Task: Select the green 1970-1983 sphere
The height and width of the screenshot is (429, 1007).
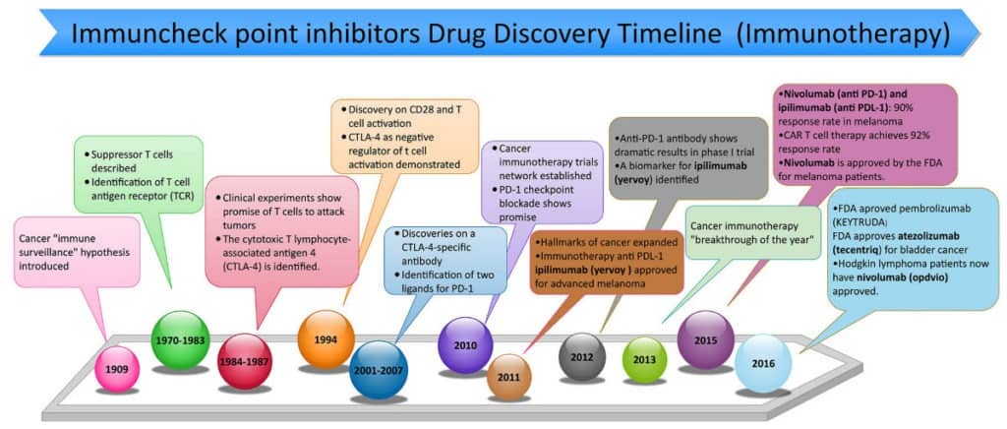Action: point(181,339)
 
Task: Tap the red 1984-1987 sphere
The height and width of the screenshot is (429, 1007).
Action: point(244,361)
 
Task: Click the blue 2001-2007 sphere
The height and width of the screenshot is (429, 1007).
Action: point(379,369)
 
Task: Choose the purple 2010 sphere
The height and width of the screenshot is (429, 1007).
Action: point(464,345)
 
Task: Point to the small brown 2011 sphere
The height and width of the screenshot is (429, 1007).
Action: point(508,377)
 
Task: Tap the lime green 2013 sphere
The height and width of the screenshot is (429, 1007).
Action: point(645,359)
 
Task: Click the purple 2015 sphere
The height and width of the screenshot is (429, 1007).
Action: point(705,339)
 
